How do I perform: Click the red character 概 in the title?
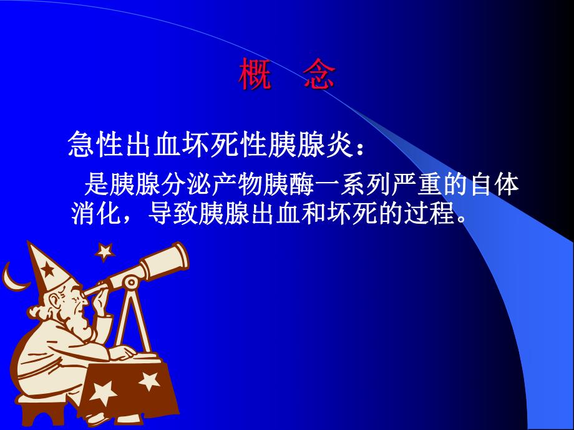tap(255, 76)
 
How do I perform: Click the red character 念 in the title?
tap(321, 76)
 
